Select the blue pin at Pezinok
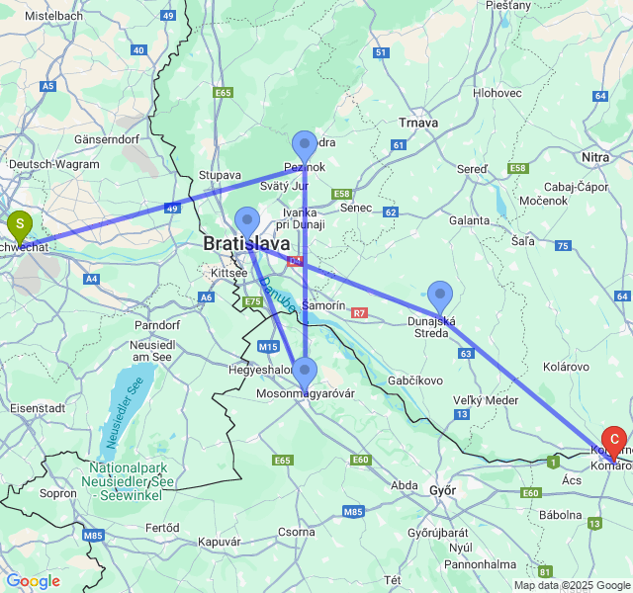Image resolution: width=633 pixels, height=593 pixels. click(305, 146)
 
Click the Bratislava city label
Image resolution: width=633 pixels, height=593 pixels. click(246, 243)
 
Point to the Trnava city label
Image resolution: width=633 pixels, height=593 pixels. click(417, 122)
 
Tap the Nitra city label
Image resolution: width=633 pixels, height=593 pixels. click(595, 157)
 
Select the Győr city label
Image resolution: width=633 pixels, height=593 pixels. click(443, 489)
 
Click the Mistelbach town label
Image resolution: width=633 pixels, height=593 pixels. click(54, 17)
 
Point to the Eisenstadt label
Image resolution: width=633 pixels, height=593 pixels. click(36, 406)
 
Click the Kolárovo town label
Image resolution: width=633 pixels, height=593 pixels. click(566, 367)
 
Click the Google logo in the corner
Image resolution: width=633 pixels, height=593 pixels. click(33, 581)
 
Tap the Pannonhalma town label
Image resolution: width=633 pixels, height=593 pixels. click(480, 564)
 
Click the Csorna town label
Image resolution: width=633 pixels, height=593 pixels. click(296, 532)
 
